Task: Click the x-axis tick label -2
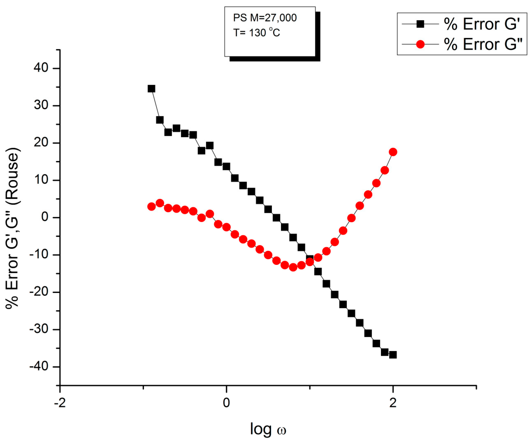60,403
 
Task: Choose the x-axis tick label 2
393,403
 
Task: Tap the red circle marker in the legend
420,44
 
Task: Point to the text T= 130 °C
256,33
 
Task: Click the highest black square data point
151,89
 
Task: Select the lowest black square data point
393,355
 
